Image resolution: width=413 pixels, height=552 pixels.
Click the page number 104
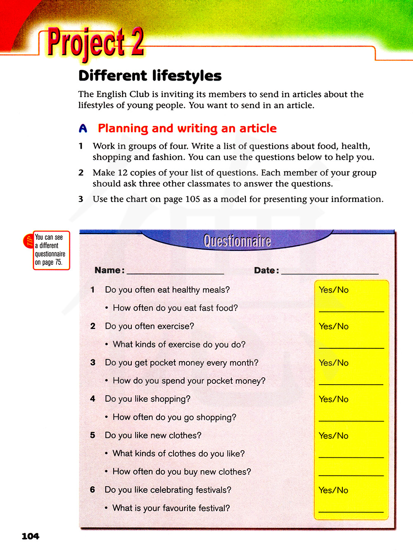pos(31,536)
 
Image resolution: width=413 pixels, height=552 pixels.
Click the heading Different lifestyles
pos(150,76)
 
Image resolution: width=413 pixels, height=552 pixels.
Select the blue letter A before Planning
pos(83,128)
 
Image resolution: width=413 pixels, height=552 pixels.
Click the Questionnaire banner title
pos(237,241)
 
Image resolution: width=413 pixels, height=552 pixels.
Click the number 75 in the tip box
pos(58,262)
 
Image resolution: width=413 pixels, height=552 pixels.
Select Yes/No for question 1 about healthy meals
pos(334,290)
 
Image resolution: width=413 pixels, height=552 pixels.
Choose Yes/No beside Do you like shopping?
pos(334,399)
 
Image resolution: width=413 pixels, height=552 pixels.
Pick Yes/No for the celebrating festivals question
pos(333,490)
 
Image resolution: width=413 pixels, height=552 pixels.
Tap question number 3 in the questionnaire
pos(93,362)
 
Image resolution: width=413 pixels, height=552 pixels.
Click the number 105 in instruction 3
pos(192,199)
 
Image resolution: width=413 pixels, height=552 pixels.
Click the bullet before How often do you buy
pos(107,472)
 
